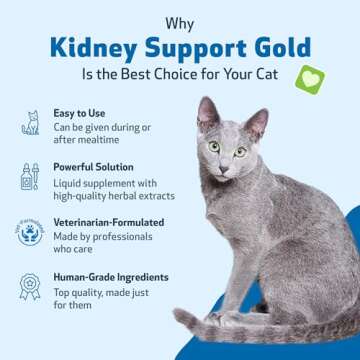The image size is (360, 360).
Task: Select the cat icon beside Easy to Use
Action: (x=30, y=124)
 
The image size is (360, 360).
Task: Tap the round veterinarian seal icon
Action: (x=30, y=233)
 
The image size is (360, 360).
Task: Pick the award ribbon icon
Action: (x=30, y=288)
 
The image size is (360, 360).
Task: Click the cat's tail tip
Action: (x=178, y=319)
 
